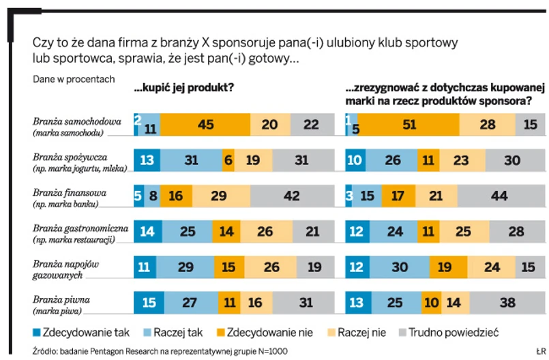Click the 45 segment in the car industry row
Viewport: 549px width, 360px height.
coord(205,125)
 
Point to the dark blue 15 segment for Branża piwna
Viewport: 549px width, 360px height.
coord(148,302)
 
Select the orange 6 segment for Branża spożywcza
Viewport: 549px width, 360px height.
coord(228,160)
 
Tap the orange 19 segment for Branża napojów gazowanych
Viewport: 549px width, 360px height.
coord(444,267)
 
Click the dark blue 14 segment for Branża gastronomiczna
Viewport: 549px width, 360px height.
coord(148,231)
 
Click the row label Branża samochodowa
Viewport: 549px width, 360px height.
coord(77,121)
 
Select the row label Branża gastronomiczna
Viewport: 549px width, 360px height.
coord(81,228)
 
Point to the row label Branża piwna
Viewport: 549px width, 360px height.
coord(61,299)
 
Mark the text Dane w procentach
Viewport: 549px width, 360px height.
coord(74,78)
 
